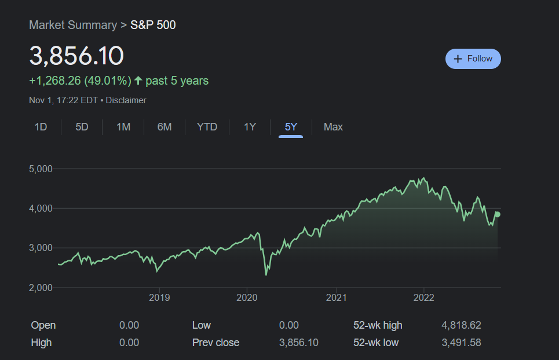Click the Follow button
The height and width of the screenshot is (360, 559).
(473, 59)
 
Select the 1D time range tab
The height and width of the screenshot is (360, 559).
(41, 127)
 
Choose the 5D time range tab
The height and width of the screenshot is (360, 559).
(82, 127)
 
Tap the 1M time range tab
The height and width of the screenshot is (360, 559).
(123, 127)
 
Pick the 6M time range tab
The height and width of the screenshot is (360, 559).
(165, 127)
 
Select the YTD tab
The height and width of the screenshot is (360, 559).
(207, 127)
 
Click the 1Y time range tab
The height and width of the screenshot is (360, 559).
(250, 127)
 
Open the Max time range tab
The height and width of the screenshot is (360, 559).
(333, 127)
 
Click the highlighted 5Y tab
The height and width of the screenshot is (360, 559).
(291, 127)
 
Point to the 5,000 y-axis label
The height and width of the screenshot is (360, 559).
(41, 169)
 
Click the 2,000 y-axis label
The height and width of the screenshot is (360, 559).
(41, 288)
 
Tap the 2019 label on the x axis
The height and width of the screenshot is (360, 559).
(159, 298)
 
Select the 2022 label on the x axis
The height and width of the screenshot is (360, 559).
(423, 298)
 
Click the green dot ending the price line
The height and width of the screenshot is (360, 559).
(497, 214)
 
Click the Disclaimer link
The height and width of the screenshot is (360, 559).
(126, 100)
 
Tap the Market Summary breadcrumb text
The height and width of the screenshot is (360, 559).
(72, 25)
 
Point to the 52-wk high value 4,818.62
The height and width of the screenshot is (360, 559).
(461, 325)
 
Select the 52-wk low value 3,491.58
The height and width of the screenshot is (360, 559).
(461, 343)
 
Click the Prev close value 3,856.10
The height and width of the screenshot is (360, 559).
(298, 343)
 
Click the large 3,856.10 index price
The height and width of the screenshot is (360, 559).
(76, 56)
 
